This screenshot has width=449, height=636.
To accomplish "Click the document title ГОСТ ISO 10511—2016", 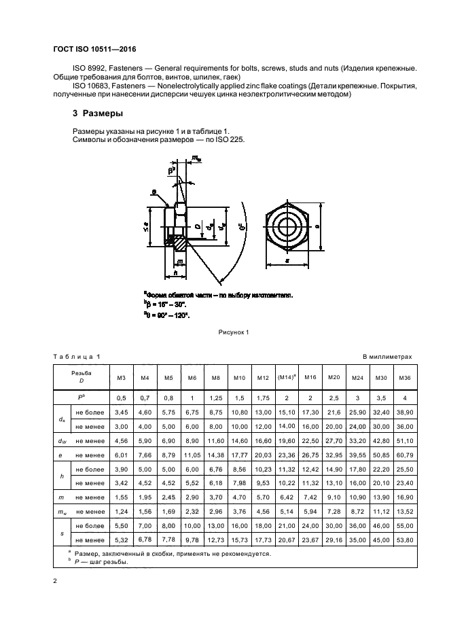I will pos(100,49).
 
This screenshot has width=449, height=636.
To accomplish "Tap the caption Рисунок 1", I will pos(234,332).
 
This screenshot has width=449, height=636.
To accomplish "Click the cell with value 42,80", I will pos(381,440).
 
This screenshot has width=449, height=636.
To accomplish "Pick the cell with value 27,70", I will pos(334,440).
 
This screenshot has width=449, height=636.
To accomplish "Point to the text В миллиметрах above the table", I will pos(388,356).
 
